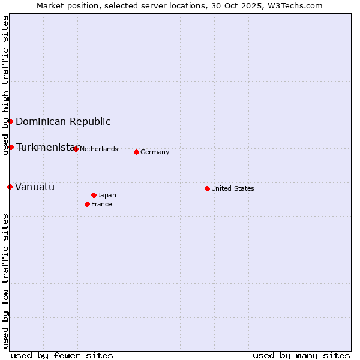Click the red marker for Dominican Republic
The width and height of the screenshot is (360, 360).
(10, 121)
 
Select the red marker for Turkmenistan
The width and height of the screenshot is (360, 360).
(11, 147)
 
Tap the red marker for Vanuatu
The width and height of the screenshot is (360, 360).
(10, 187)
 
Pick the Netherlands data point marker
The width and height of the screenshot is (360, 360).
(76, 149)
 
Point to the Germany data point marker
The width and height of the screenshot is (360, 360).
(136, 152)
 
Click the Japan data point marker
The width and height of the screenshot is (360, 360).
(94, 195)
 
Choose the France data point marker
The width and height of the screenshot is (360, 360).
(87, 204)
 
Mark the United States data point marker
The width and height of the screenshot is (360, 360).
(207, 188)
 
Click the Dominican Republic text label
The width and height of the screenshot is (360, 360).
(63, 121)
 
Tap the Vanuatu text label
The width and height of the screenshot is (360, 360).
(35, 187)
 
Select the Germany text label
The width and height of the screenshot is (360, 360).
(155, 152)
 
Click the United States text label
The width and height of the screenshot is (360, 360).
(233, 188)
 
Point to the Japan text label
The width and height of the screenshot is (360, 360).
(107, 195)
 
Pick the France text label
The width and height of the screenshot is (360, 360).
(101, 204)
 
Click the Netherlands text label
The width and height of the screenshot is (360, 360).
(98, 149)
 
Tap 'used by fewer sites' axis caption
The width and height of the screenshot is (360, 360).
(62, 355)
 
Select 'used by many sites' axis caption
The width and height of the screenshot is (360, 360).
(301, 355)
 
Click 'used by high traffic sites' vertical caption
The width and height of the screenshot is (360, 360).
(5, 86)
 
